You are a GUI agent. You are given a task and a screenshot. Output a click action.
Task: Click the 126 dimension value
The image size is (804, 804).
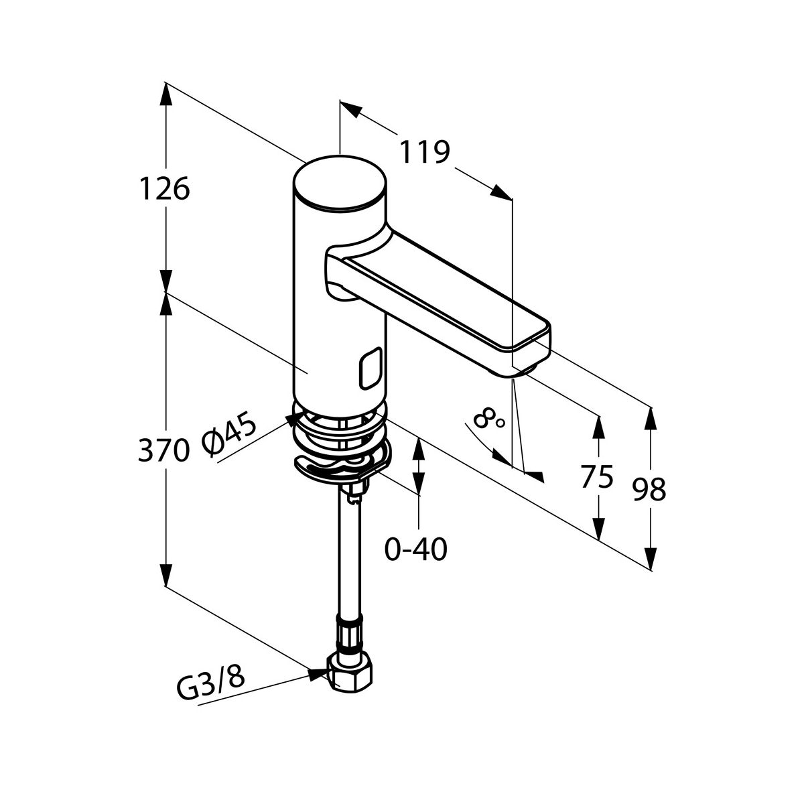coord(164,190)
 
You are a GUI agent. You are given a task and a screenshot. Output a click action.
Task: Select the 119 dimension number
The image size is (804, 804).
coord(423,153)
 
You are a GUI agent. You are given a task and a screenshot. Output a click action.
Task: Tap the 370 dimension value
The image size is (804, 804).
coord(162,450)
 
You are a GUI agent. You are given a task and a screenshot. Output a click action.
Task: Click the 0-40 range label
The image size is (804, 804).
coord(415,550)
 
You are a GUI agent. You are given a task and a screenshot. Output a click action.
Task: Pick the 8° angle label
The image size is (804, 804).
coord(489,421)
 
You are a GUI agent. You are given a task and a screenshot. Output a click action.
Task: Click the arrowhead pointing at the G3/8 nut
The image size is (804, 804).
coord(318,673)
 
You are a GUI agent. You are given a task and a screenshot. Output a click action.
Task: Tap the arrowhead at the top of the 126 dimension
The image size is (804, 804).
coord(165,94)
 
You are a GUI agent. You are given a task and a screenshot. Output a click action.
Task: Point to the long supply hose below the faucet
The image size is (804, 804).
coord(350,556)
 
